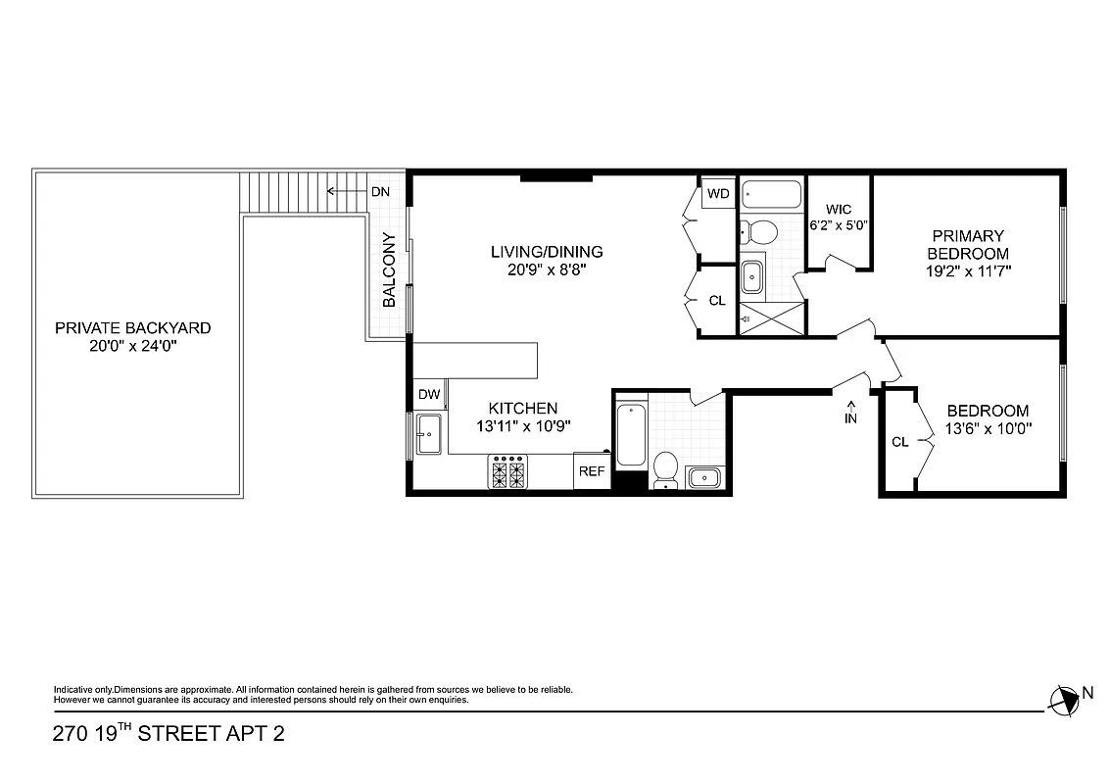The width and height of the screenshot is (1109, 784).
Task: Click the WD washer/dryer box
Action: click(718, 194)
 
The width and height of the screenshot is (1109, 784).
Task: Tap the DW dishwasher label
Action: click(429, 395)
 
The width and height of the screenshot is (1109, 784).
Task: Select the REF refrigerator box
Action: click(591, 471)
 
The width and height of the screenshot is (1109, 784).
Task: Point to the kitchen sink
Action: click(429, 434)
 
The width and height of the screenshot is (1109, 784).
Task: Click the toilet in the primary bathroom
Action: click(758, 232)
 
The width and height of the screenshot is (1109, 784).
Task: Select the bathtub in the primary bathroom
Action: click(771, 195)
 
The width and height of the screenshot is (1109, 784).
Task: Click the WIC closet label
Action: click(839, 210)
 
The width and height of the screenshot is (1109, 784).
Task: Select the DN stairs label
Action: click(380, 191)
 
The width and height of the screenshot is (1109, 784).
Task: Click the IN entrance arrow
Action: click(850, 412)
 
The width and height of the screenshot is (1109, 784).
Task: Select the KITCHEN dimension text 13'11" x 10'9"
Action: click(523, 425)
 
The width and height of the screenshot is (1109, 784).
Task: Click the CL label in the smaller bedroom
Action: click(899, 442)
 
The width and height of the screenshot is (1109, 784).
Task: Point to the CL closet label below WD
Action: click(717, 301)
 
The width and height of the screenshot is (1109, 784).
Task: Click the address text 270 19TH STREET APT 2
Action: click(169, 733)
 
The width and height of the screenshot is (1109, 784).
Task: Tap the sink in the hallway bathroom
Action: click(704, 477)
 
